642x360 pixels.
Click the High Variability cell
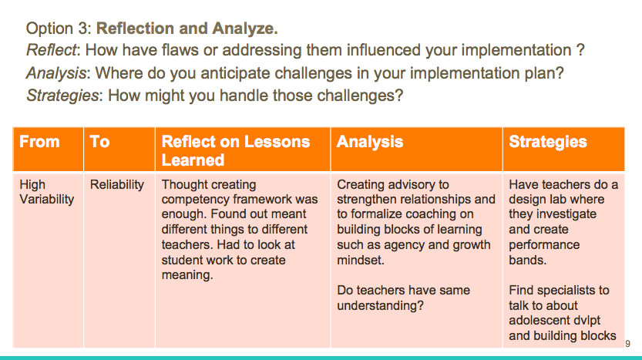point(47,192)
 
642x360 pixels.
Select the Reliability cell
point(117,185)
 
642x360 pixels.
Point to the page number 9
point(627,344)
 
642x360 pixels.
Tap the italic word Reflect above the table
point(51,50)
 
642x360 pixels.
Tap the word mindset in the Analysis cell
point(361,260)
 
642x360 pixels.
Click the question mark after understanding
point(420,305)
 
